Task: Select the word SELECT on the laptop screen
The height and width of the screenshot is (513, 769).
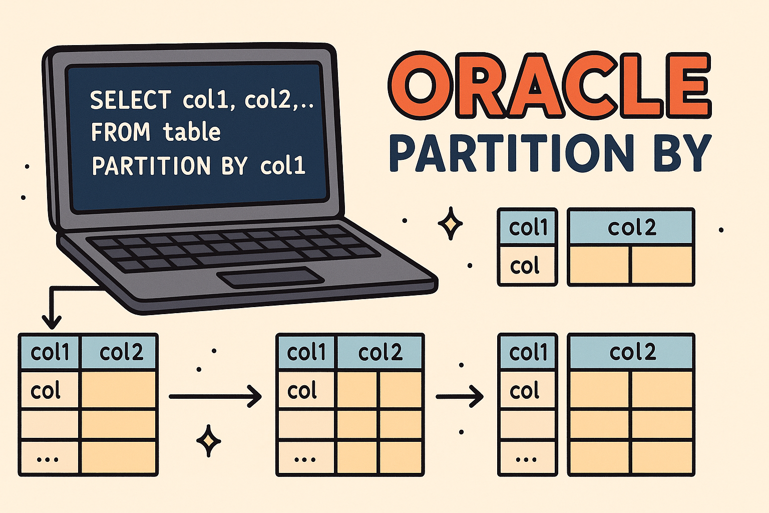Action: pos(130,100)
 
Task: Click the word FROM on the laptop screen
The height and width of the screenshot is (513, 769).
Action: pos(120,132)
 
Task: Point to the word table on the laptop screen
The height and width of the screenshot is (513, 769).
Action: pos(192,132)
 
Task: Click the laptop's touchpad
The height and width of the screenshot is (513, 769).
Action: pos(270,277)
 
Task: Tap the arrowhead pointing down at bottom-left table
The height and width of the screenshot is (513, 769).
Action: pos(52,321)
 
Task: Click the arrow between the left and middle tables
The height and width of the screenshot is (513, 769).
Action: pos(215,396)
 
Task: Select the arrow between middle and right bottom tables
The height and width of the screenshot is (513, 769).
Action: pos(460,396)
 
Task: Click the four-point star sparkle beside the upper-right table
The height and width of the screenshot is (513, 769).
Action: pos(450,223)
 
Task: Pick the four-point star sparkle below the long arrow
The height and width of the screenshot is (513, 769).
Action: pos(208,441)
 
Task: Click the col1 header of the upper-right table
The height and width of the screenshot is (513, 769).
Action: pos(528,228)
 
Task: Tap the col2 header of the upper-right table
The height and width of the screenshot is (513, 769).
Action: pos(631,228)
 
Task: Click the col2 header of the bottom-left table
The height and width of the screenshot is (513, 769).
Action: pos(121,353)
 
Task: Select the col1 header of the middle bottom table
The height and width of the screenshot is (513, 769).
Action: pos(306,353)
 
